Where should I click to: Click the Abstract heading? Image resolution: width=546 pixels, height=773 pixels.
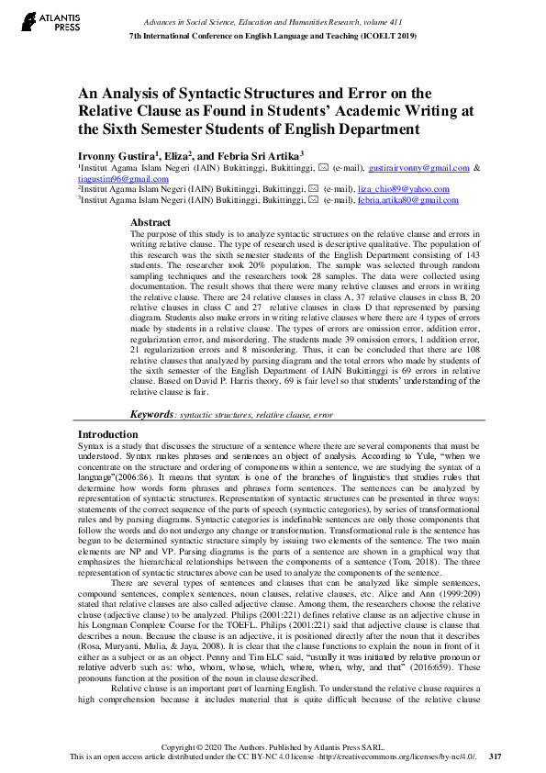(150, 223)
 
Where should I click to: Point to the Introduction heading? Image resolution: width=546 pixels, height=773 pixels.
(108, 434)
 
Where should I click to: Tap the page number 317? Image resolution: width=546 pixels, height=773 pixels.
(496, 756)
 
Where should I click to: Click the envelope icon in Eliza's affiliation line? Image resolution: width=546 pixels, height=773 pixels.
(314, 189)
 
